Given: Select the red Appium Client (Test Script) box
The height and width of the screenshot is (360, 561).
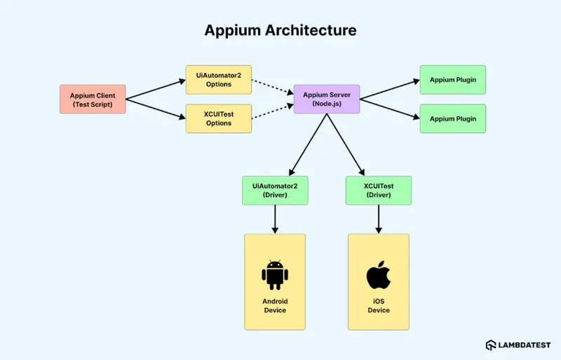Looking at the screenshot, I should tap(93, 99).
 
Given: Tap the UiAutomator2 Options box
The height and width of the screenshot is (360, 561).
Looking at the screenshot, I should tap(218, 80).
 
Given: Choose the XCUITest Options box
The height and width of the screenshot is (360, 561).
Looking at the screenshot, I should tap(218, 118).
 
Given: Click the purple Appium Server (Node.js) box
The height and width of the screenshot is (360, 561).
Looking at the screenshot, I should tap(327, 99).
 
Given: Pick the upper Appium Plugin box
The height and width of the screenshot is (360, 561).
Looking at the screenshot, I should tap(452, 80).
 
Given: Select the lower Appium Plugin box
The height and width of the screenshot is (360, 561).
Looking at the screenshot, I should tap(452, 119).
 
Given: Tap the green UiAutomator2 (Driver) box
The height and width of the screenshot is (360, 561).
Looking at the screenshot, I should tap(275, 190).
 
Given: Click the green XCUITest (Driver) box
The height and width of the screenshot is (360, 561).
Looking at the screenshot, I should tap(379, 190).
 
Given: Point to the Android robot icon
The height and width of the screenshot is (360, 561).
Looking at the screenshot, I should tap(275, 275).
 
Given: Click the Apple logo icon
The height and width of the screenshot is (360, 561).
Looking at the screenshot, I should tap(379, 274).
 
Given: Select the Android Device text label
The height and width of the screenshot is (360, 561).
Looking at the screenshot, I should tap(275, 306).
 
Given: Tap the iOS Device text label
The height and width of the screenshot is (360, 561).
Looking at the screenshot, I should tap(379, 306).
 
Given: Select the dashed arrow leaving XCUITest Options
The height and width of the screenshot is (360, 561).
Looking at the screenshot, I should tap(272, 112).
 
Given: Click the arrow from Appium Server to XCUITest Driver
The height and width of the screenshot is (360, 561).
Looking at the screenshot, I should tap(346, 145).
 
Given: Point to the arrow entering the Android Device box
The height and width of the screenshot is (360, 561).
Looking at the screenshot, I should tap(275, 219).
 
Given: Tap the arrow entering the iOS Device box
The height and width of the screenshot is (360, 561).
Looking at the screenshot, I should tap(379, 219).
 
